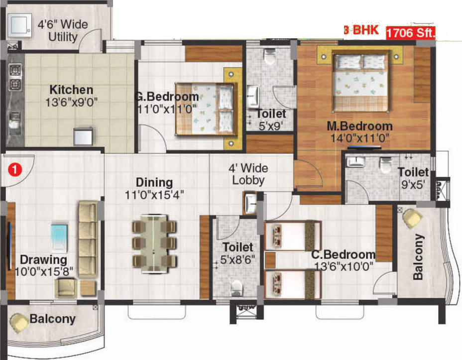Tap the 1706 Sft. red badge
[x=411, y=34]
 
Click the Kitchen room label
[x=71, y=90]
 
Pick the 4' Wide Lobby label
[x=248, y=174]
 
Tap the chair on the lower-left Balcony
[x=20, y=323]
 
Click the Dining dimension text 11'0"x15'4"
[x=154, y=195]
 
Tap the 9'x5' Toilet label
[x=413, y=178]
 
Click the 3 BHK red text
[x=363, y=30]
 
